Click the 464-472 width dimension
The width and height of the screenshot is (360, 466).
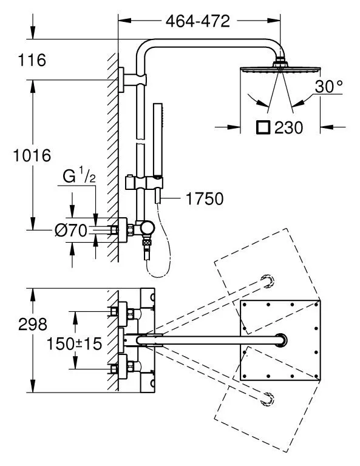point(198,21)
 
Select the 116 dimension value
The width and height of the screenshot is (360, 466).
point(32,60)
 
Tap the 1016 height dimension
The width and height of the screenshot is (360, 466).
point(32,155)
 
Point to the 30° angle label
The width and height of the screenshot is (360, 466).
point(329,87)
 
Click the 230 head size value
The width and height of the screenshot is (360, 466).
point(288,128)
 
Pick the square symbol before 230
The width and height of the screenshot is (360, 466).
point(263,127)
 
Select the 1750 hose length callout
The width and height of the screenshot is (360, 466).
point(205,198)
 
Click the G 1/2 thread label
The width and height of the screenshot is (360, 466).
point(79,177)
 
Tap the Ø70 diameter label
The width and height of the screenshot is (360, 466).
point(71,231)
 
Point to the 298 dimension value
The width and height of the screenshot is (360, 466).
point(33,324)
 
